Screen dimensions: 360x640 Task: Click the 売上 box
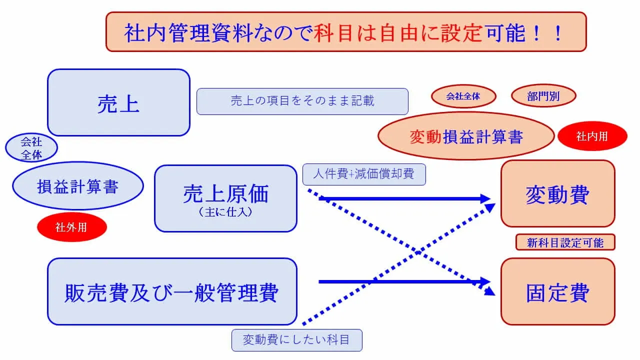pos(118,102)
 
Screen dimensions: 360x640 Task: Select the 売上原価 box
pos(225,198)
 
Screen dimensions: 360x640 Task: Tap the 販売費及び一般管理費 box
pos(172,291)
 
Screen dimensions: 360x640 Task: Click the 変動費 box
pos(557,194)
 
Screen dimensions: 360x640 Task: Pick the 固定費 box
pos(557,292)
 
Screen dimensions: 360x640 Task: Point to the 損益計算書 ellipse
pos(78,186)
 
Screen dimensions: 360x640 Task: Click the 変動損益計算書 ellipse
pos(466,136)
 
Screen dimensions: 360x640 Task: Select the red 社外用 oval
pos(71,227)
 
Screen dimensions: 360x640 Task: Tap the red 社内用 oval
pos(592,136)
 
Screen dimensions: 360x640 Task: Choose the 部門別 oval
pos(543,96)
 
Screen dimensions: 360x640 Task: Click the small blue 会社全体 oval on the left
pos(31,148)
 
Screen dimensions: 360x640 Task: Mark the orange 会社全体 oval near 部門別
pos(463,96)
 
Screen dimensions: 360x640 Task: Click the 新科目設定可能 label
pos(565,243)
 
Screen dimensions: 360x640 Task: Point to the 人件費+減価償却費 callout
pos(364,175)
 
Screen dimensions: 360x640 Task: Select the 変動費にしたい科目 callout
pos(296,340)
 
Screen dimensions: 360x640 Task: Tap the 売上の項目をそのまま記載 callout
pos(302,101)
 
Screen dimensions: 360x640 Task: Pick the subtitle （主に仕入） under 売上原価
pos(225,212)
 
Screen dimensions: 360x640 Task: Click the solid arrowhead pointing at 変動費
pos(484,198)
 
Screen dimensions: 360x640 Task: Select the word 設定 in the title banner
pos(461,33)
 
